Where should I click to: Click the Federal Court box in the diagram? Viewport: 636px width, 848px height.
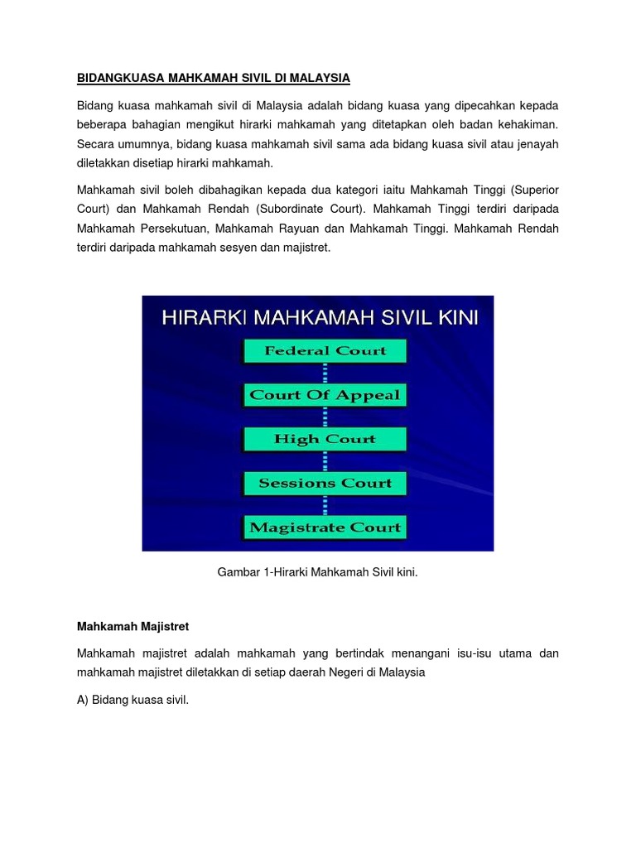tap(325, 351)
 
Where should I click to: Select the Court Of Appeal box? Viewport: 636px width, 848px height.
tap(325, 395)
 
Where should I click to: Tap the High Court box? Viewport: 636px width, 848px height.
tap(325, 439)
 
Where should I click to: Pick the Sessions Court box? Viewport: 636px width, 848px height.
tap(325, 483)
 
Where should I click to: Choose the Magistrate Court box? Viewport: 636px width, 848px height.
tap(325, 527)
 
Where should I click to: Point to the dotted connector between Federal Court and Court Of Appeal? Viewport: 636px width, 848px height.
tap(325, 373)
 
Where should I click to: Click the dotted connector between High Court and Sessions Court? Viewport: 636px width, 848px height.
tap(325, 461)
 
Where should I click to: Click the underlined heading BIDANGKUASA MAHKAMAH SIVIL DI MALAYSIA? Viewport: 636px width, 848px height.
tap(214, 79)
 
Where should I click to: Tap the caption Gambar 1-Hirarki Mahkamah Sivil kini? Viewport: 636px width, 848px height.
tap(318, 571)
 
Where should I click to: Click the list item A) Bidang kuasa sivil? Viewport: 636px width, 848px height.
tap(133, 700)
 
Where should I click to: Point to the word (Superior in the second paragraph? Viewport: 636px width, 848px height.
tap(532, 189)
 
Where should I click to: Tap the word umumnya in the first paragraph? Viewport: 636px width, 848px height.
tap(147, 144)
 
